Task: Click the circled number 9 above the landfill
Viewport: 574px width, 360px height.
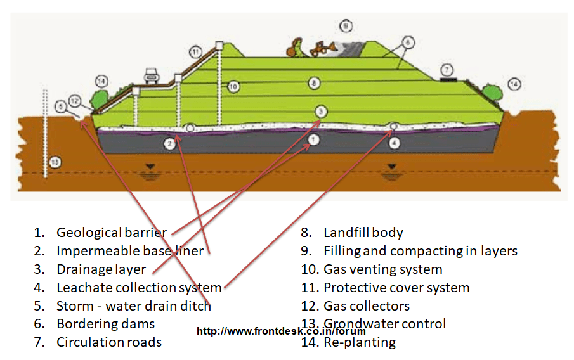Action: tap(345, 26)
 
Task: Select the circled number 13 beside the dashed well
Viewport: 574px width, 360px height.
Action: tap(56, 162)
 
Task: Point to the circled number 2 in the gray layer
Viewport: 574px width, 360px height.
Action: tap(169, 144)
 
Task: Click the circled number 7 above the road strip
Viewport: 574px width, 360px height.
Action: tap(447, 69)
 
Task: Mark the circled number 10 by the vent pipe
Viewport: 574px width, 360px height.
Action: tap(233, 86)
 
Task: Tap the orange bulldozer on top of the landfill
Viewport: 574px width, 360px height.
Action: tap(323, 48)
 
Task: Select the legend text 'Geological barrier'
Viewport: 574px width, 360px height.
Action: tap(112, 233)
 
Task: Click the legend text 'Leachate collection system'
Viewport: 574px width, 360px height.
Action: tap(139, 288)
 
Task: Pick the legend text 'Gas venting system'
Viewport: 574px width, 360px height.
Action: tap(382, 269)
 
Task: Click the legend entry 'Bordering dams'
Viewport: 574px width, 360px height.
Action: tap(105, 324)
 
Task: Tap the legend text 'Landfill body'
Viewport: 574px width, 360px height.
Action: tap(363, 233)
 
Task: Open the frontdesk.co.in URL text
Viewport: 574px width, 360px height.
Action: tap(281, 331)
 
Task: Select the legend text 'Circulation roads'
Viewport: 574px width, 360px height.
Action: tap(109, 342)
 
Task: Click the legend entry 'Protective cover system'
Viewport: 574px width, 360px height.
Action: tap(396, 288)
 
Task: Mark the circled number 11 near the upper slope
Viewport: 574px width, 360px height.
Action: tap(195, 52)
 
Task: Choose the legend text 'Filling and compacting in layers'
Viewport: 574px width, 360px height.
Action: tap(420, 251)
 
